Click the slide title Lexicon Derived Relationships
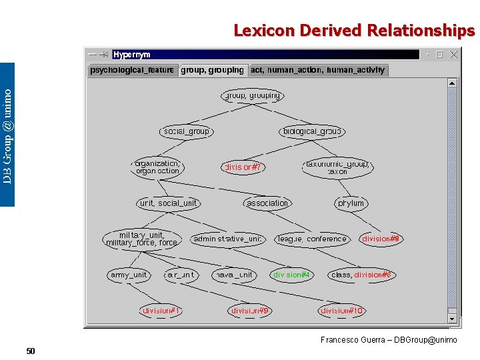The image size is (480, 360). pos(354,31)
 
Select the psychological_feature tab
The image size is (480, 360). pos(132,70)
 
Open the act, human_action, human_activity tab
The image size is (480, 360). pos(317,70)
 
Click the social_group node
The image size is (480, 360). pos(187,132)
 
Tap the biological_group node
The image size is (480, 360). pos(312,132)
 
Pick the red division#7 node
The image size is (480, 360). pos(243,167)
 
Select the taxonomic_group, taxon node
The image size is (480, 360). pos(337,167)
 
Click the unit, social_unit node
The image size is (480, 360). pos(169,203)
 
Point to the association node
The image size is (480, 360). pos(267,203)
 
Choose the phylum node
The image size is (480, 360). pos(351,203)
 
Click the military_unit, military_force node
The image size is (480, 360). pos(142,239)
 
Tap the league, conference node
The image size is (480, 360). pos(312,239)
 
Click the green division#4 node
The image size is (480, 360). pos(292,275)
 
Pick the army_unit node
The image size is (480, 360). pos(128,275)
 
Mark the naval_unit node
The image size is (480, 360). pos(233,275)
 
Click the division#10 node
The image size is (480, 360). pos(342,311)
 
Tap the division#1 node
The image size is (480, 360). pos(161,311)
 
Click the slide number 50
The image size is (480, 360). pos(31,351)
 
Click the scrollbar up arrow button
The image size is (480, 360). pos(452,83)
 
